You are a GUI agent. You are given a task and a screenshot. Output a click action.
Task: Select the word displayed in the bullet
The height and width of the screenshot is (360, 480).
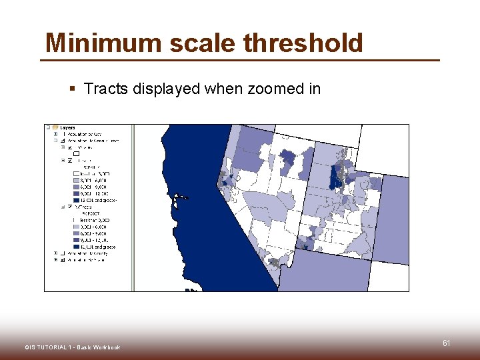(164, 89)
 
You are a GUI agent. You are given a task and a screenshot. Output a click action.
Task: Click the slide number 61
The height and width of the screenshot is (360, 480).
(446, 343)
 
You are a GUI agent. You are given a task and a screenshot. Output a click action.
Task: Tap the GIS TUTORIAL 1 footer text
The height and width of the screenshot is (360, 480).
(73, 347)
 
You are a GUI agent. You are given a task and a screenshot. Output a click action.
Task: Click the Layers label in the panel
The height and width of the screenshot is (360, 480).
(67, 127)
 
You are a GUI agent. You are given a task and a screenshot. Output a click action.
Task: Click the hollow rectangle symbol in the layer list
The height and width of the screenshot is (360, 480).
(75, 153)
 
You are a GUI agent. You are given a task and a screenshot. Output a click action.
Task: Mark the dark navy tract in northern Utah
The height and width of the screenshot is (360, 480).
(335, 177)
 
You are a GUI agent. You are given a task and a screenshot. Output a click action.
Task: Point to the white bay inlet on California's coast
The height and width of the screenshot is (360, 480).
(179, 197)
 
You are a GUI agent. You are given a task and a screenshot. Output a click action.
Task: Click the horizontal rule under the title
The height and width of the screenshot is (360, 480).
(240, 61)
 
